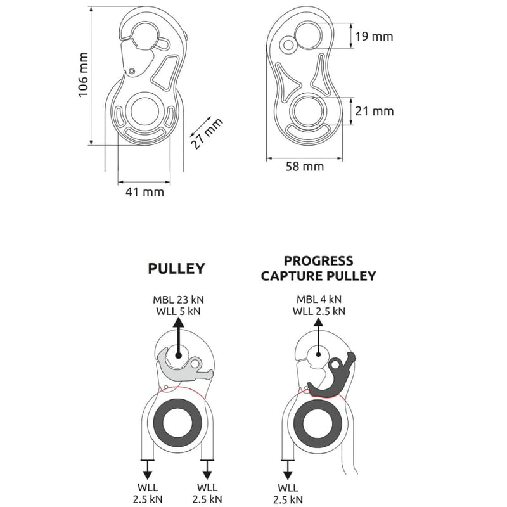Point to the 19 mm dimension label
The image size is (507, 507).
pyautogui.click(x=373, y=36)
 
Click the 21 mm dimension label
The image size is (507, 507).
pyautogui.click(x=374, y=111)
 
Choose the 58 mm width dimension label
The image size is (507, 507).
pyautogui.click(x=305, y=167)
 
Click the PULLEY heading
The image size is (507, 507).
pyautogui.click(x=177, y=268)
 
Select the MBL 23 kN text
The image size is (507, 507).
pyautogui.click(x=177, y=298)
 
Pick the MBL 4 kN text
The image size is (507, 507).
pyautogui.click(x=318, y=298)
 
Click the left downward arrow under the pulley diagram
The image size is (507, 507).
pyautogui.click(x=147, y=469)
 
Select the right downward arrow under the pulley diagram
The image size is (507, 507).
pyautogui.click(x=207, y=469)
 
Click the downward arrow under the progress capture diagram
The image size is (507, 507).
pyautogui.click(x=288, y=469)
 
